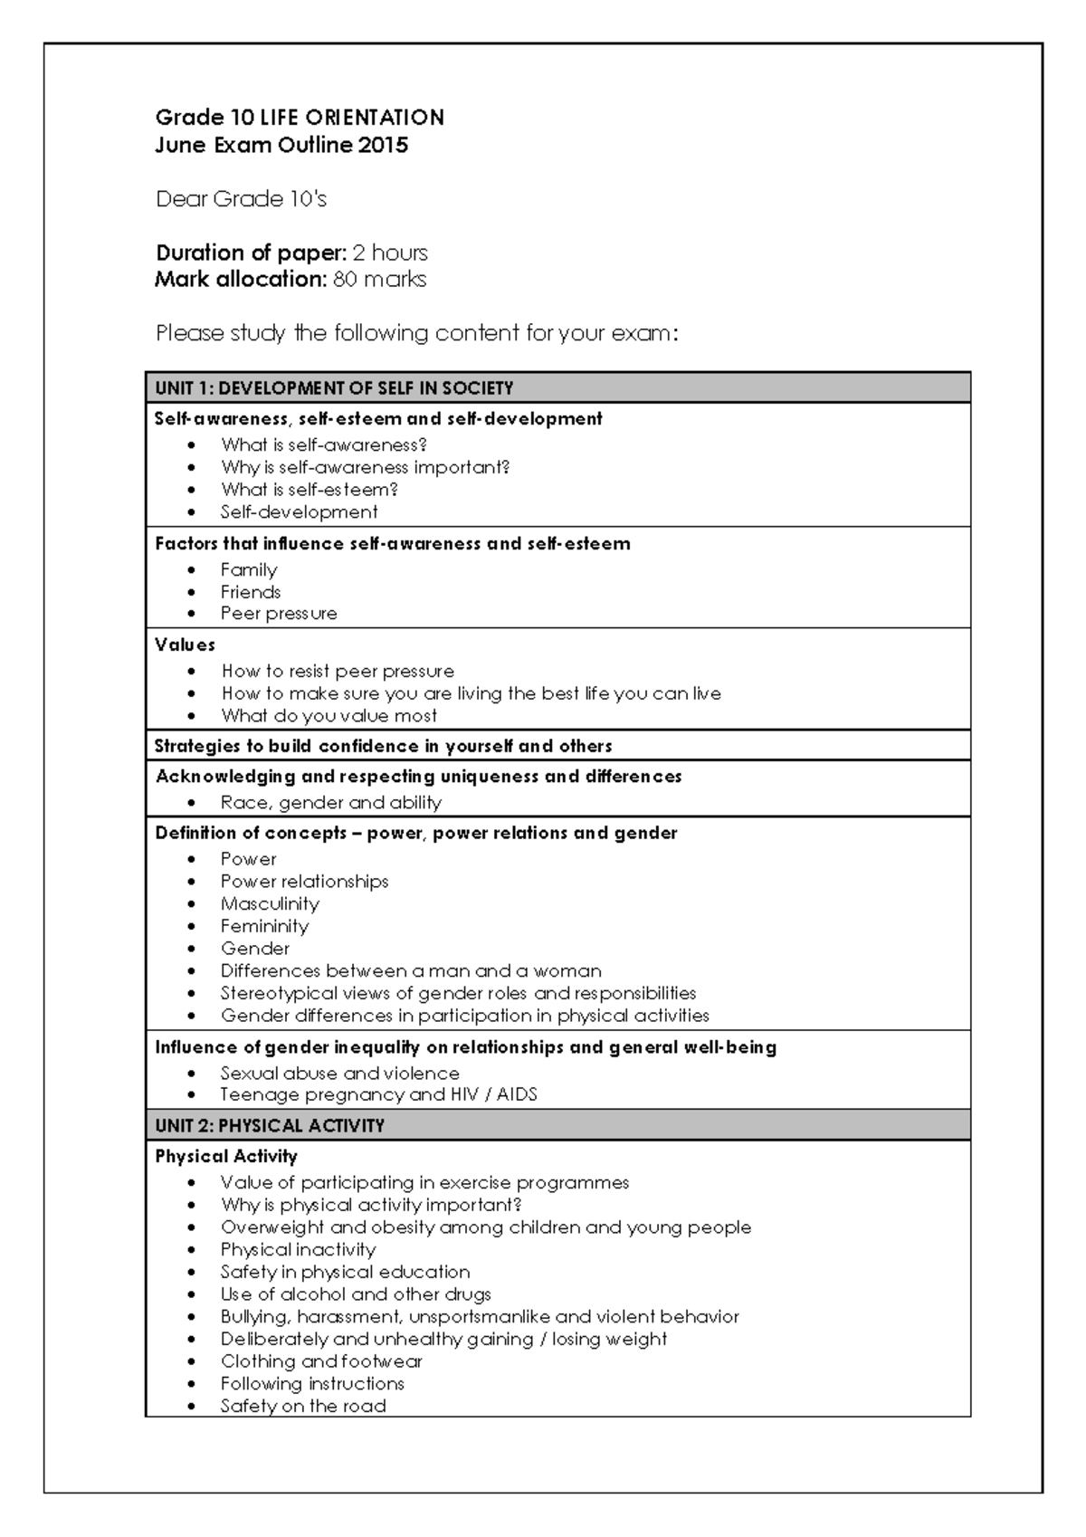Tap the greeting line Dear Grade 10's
click(241, 199)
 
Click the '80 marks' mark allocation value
click(379, 280)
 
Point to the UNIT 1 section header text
click(334, 388)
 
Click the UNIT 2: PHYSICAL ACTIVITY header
click(270, 1126)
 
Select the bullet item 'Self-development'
click(299, 512)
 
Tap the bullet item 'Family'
click(249, 570)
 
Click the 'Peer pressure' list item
click(279, 614)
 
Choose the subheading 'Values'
click(185, 645)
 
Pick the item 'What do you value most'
click(329, 716)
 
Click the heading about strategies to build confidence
click(383, 747)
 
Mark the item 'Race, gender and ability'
click(330, 803)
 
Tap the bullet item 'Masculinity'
click(270, 904)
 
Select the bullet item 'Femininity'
click(264, 927)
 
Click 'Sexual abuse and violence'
click(339, 1074)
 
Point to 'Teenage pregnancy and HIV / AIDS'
click(378, 1095)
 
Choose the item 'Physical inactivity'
click(298, 1250)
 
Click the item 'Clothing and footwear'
click(321, 1362)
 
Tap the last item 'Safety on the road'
click(303, 1407)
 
